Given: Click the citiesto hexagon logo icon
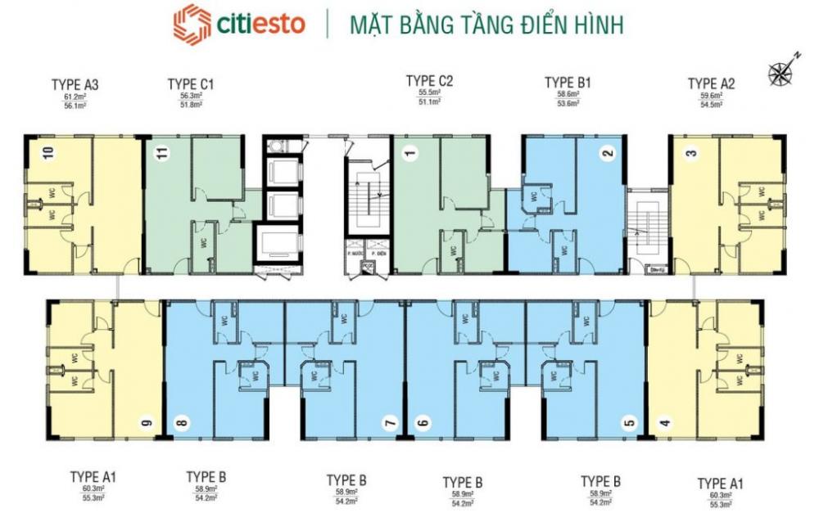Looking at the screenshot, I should tap(192, 25).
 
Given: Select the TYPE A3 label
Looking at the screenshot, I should tap(75, 83).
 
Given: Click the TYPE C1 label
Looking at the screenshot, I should tap(190, 83).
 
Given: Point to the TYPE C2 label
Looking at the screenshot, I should tap(429, 81).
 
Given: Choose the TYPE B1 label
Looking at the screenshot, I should tap(568, 83).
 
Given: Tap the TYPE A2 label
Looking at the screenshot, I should tap(711, 83).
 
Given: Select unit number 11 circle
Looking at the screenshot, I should tap(162, 152).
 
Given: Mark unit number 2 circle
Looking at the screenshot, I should tap(607, 153).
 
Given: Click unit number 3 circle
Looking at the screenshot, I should tap(690, 153).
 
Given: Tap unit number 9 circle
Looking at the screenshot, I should tap(147, 423).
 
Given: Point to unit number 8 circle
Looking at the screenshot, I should tap(181, 424).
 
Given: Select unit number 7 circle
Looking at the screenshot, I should tap(390, 424).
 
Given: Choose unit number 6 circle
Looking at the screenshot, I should tap(423, 424).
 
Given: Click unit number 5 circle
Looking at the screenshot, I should tap(628, 424).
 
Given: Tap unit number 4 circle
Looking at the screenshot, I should tap(664, 424).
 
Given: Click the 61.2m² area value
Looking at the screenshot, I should tap(75, 96).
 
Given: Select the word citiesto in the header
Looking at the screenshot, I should tap(260, 25).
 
